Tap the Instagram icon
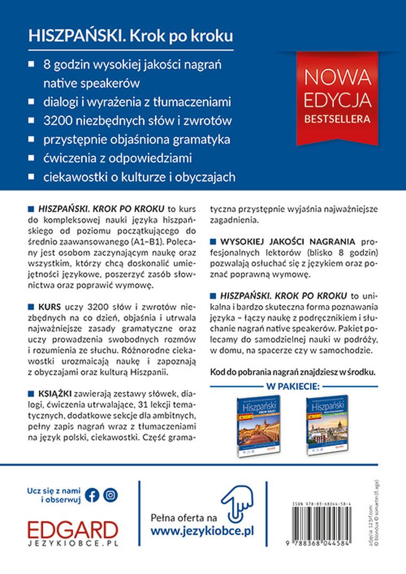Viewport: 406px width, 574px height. pos(110,494)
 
